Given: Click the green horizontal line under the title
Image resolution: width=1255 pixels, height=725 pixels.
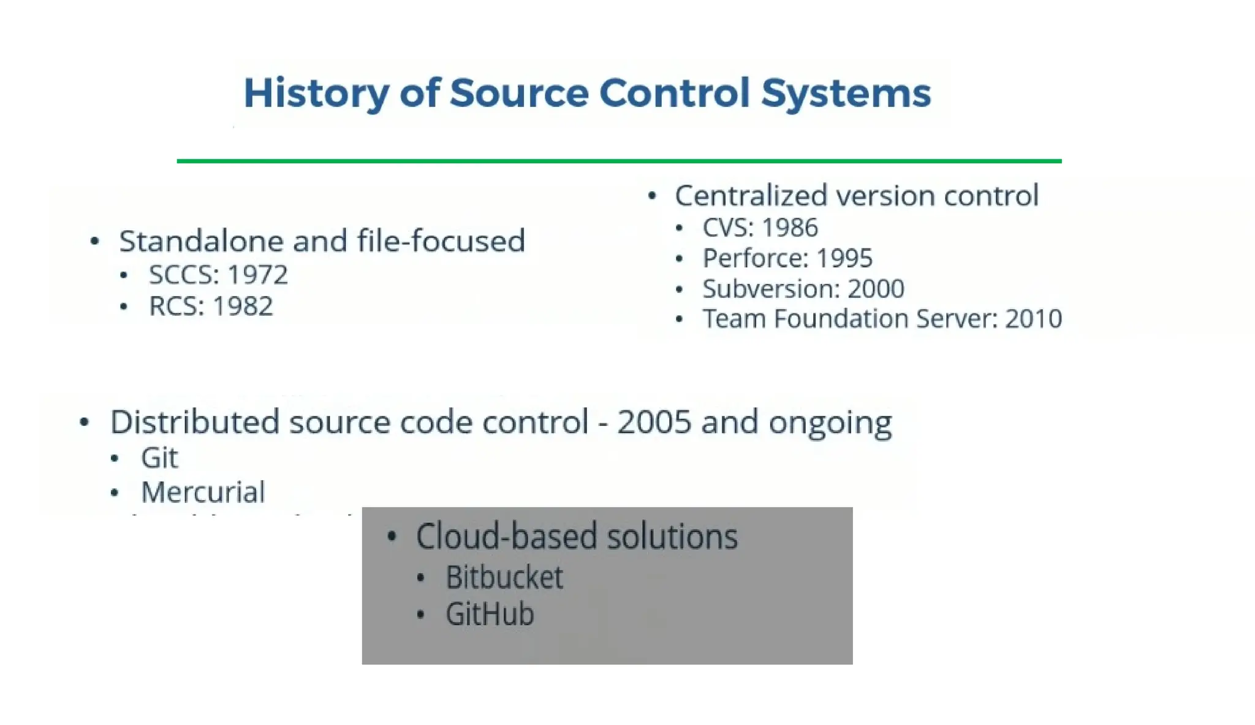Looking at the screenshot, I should point(619,161).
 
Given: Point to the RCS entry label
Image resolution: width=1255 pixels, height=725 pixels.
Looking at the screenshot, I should point(176,306).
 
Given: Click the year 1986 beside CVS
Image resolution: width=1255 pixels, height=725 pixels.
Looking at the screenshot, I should point(790,228).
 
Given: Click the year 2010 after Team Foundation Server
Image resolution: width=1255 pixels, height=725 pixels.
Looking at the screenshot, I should point(1033,318).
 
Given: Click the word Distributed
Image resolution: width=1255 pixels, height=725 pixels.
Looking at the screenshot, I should point(194,422).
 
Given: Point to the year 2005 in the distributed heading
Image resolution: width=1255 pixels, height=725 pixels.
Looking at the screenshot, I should point(654,422).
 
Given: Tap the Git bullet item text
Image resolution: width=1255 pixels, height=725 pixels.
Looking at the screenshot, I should point(159,458).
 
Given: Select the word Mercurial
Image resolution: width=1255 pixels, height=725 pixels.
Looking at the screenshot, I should point(203,492).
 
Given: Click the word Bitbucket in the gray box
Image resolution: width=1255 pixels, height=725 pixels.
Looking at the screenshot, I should point(504,577).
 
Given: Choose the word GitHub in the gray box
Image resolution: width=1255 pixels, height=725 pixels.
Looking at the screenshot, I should point(490,614).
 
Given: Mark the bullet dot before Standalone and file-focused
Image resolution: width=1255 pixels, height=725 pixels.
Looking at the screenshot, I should point(94,241).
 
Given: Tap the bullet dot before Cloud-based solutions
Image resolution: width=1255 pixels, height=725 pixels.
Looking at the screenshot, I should point(392,537).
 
